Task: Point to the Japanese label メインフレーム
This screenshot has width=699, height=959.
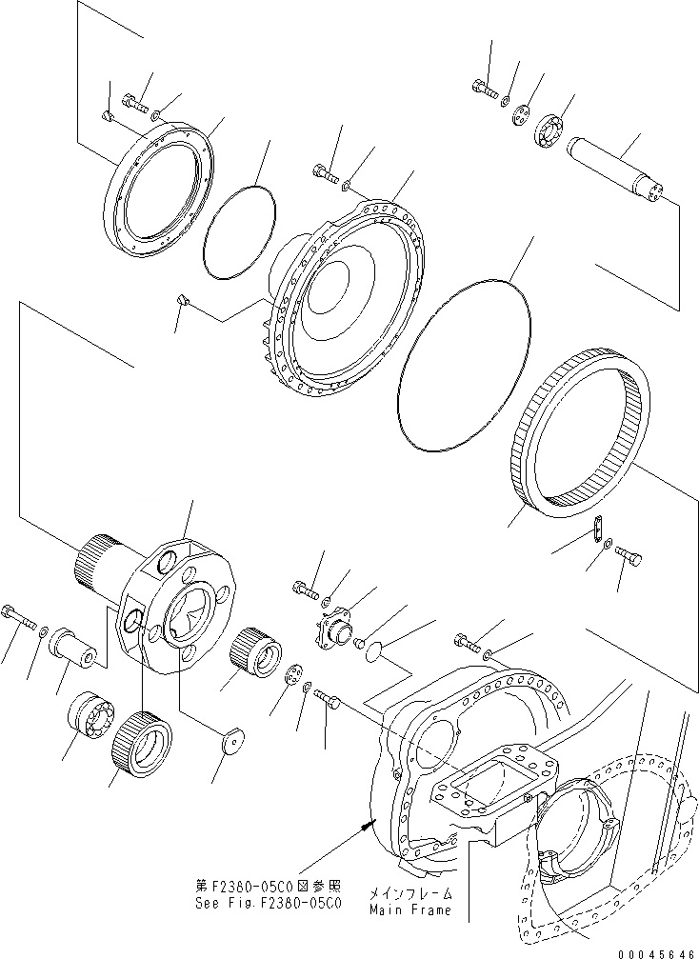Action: pos(409,894)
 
